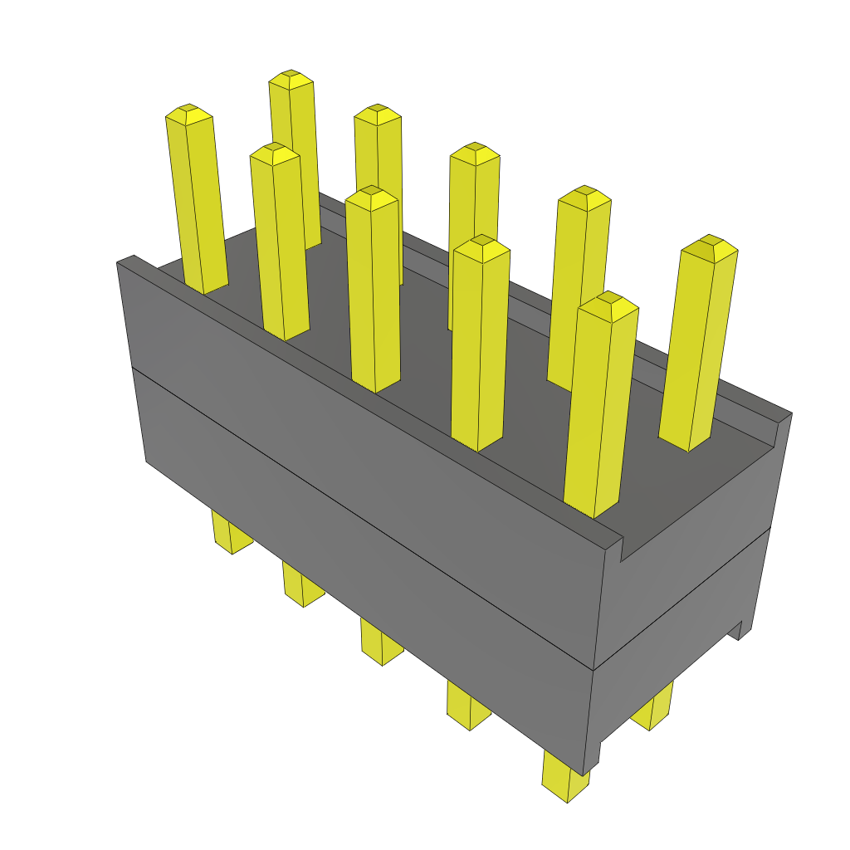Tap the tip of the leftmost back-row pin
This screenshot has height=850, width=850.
pos(291,79)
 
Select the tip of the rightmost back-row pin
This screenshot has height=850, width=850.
pos(708,245)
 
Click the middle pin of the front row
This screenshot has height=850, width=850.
pos(373,291)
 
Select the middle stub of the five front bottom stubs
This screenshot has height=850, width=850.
pos(381,643)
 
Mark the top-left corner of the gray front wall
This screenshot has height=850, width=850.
pos(118,261)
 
